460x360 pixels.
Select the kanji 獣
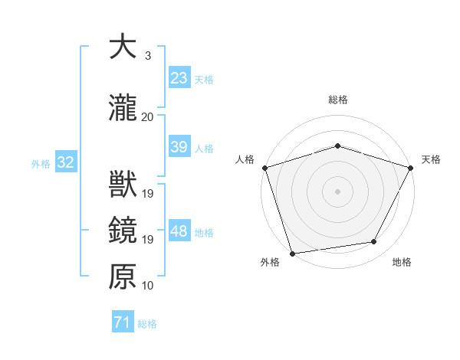pos(123,185)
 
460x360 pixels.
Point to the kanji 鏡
pos(123,231)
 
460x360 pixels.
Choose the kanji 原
pos(123,277)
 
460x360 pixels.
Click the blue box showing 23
pos(179,78)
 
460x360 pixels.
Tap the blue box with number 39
pos(179,147)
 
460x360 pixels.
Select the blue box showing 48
pos(179,231)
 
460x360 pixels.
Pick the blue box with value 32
pos(65,162)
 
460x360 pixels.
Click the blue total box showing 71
pos(122,322)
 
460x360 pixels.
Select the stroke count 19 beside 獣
pos(148,193)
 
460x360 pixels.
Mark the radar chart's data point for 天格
pos(412,168)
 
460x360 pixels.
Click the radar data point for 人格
pos(264,168)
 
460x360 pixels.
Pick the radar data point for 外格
pos(292,253)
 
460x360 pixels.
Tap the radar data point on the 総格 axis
pos(338,146)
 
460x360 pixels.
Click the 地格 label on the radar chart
pos(402,263)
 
